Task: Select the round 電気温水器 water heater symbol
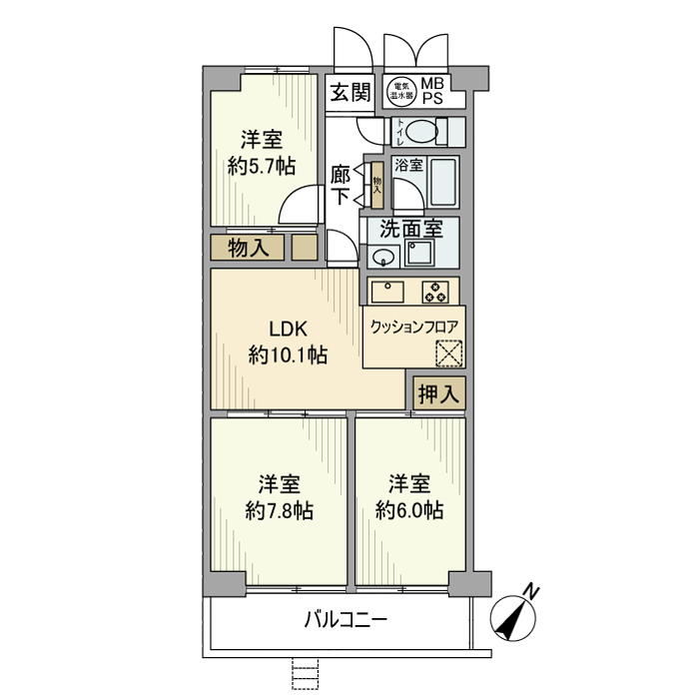(x=401, y=92)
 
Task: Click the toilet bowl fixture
(x=423, y=131)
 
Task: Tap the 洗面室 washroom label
(x=409, y=228)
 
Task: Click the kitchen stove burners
(x=436, y=292)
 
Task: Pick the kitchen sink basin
(x=387, y=292)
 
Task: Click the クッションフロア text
(x=412, y=327)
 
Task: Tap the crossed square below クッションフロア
(x=449, y=353)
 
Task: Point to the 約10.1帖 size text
(x=288, y=354)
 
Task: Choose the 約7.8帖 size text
(x=280, y=511)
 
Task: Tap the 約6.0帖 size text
(x=409, y=511)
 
